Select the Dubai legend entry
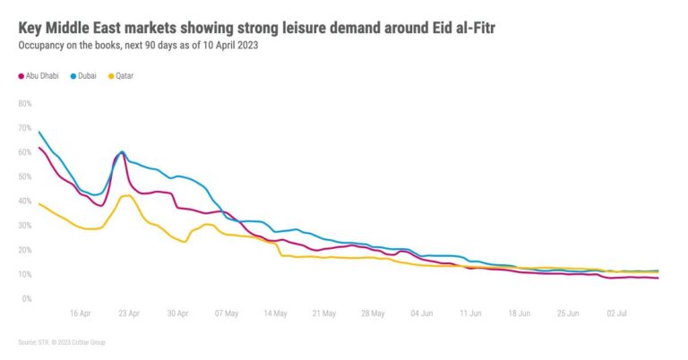pyautogui.click(x=88, y=76)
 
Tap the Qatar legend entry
pyautogui.click(x=124, y=76)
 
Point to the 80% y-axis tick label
pyautogui.click(x=24, y=103)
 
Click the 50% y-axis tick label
pyautogui.click(x=24, y=176)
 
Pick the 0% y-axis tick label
pyautogui.click(x=26, y=298)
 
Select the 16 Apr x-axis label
pyautogui.click(x=80, y=314)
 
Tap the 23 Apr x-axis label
pyautogui.click(x=128, y=314)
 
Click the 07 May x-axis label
pyautogui.click(x=226, y=314)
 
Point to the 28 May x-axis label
pyautogui.click(x=372, y=314)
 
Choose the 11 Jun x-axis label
pyautogui.click(x=469, y=314)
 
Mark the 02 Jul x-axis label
pyautogui.click(x=616, y=314)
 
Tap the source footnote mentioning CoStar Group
pyautogui.click(x=67, y=342)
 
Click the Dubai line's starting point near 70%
pyautogui.click(x=39, y=132)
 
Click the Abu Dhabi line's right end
pyautogui.click(x=658, y=279)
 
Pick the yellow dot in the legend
pyautogui.click(x=112, y=76)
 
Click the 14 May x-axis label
pyautogui.click(x=274, y=314)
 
